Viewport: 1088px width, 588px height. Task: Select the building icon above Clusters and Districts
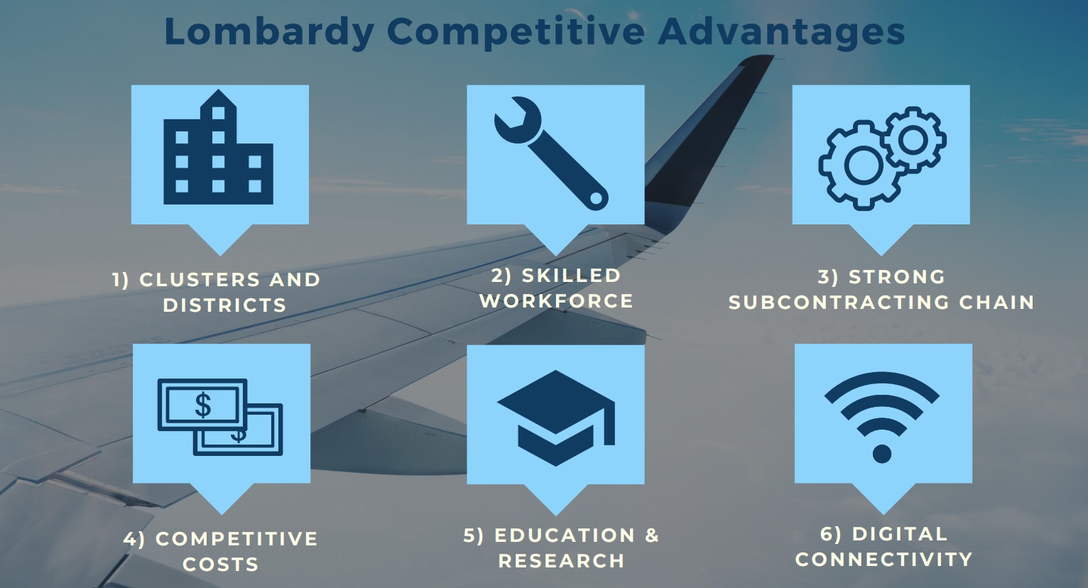coord(219,146)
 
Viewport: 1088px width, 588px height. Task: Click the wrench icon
coord(551,153)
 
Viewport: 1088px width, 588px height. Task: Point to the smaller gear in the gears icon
coord(913,140)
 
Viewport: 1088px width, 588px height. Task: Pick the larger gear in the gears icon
coord(863,165)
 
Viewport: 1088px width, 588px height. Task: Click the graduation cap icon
coord(556,418)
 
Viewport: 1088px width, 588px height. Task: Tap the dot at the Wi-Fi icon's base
coord(882,454)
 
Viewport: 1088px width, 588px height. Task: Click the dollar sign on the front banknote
coord(203,405)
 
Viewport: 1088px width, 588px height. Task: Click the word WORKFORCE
coord(557,301)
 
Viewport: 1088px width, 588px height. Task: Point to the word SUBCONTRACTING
coord(839,303)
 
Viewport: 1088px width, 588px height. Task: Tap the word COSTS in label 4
coord(221,564)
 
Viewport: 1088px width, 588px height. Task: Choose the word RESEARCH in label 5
coord(562,561)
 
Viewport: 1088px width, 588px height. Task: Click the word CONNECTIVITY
coord(884,560)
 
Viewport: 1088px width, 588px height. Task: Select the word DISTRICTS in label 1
coord(224,305)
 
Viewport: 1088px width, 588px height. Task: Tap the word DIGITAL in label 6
coord(900,534)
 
